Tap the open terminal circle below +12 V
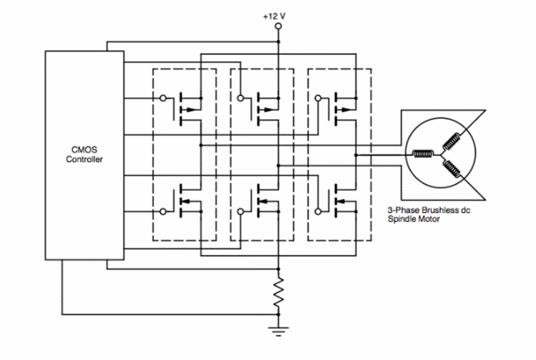tap(277, 27)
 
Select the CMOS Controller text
tap(84, 153)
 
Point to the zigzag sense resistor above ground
tap(277, 291)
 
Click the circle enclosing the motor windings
tap(439, 153)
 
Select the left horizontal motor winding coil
tap(421, 154)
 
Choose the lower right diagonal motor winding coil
tap(451, 168)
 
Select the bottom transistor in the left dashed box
tap(186, 199)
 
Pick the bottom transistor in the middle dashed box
tap(262, 199)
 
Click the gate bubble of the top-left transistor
tap(164, 98)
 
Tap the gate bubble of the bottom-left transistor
tap(164, 211)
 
